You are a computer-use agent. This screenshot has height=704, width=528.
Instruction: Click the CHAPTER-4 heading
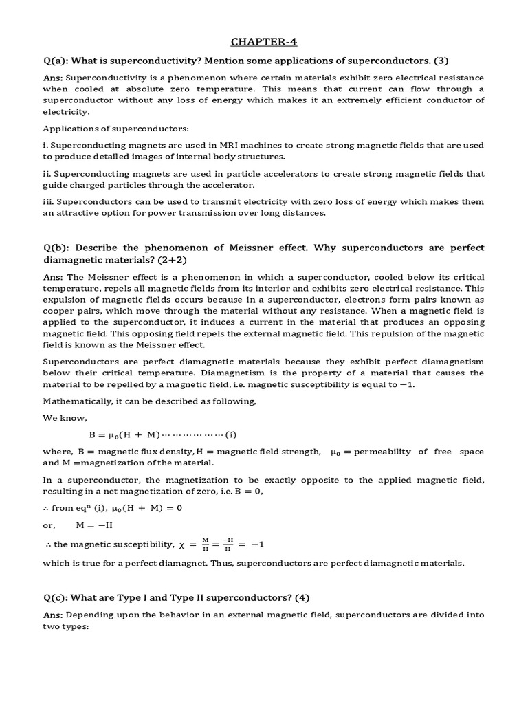[263, 43]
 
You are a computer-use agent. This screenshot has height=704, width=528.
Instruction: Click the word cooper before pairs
[59, 311]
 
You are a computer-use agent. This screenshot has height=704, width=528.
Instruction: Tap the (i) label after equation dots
[231, 434]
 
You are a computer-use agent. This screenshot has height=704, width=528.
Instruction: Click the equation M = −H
[94, 526]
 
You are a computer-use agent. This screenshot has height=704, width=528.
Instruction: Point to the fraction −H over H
[226, 544]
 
